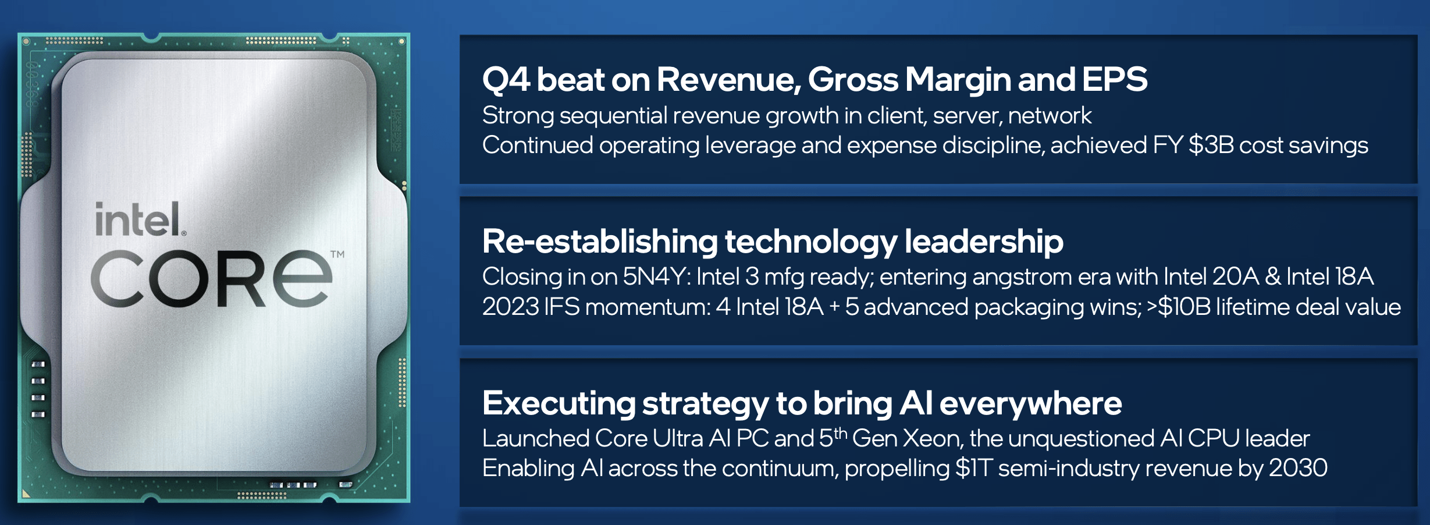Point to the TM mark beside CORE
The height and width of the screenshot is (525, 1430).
[337, 254]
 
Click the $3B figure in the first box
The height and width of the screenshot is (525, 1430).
[1211, 145]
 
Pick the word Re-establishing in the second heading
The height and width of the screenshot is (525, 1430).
[600, 242]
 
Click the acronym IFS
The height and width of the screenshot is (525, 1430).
[561, 307]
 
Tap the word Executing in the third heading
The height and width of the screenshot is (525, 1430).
[559, 404]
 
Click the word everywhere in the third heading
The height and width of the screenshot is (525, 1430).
[1030, 403]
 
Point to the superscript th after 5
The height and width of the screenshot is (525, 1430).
[840, 432]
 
